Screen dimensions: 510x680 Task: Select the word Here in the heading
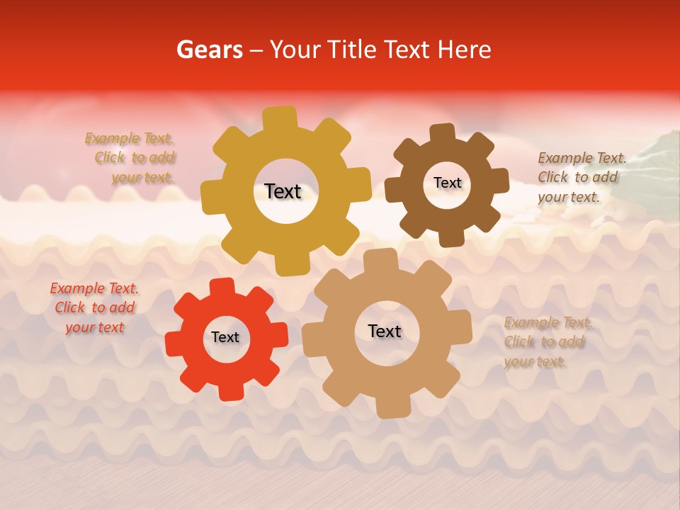tap(465, 50)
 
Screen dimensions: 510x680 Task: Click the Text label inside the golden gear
tap(283, 191)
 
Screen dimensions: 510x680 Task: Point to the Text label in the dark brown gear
tap(447, 183)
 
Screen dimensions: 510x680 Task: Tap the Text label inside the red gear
tap(225, 338)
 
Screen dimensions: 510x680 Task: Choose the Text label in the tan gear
tap(385, 331)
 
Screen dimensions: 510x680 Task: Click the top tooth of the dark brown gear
tap(443, 133)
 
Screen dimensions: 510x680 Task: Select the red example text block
tap(94, 308)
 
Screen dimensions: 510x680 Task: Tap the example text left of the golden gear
tap(132, 158)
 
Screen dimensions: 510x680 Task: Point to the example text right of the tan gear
tap(546, 342)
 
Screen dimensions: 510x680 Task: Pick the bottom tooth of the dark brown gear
tap(451, 238)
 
